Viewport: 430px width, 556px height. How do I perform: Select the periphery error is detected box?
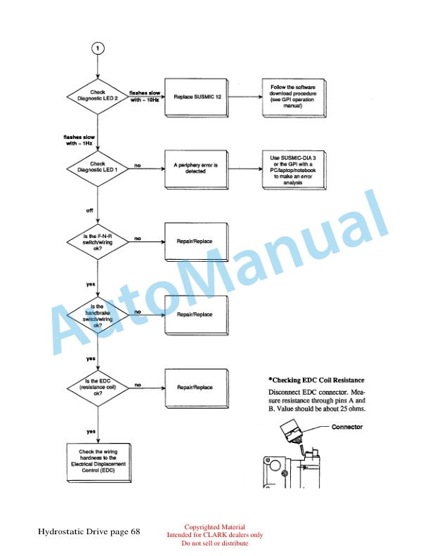click(199, 168)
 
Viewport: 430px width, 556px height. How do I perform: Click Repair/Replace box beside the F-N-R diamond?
click(199, 241)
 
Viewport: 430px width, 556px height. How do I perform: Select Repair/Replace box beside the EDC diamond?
click(199, 387)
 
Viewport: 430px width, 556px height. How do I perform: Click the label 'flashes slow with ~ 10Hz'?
click(145, 96)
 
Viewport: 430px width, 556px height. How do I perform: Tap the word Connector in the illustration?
click(347, 428)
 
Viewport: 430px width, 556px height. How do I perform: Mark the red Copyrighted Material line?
click(214, 527)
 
